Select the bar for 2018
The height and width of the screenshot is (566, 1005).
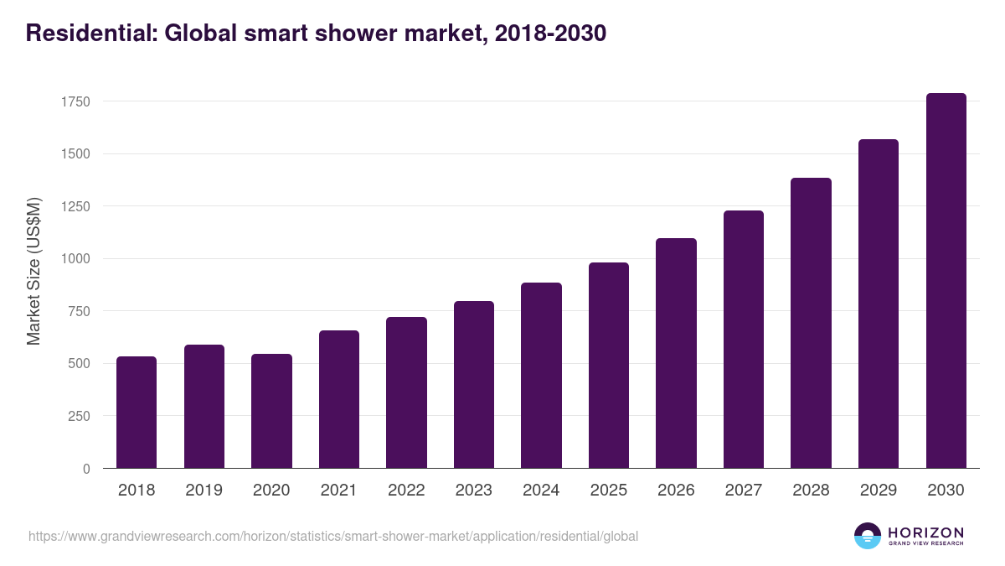137,413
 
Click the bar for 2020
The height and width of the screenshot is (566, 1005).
271,411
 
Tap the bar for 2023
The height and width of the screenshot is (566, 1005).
474,385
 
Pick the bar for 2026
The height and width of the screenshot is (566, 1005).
676,353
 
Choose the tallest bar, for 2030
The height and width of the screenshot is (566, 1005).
946,281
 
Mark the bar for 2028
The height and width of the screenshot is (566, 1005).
811,323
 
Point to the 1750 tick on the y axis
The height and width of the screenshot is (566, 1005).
75,101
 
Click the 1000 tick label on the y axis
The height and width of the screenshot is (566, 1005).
75,259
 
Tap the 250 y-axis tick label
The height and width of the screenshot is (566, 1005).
79,417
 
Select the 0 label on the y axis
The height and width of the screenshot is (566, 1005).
86,470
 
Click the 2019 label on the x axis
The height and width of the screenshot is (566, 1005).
204,491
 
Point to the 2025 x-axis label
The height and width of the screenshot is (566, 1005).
608,491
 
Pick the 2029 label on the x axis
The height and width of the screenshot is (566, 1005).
878,491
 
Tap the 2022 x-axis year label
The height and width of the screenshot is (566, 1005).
406,491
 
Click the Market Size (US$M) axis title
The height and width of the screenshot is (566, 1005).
34,271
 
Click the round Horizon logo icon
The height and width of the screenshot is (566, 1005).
868,536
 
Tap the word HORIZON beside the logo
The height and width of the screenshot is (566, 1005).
925,532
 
